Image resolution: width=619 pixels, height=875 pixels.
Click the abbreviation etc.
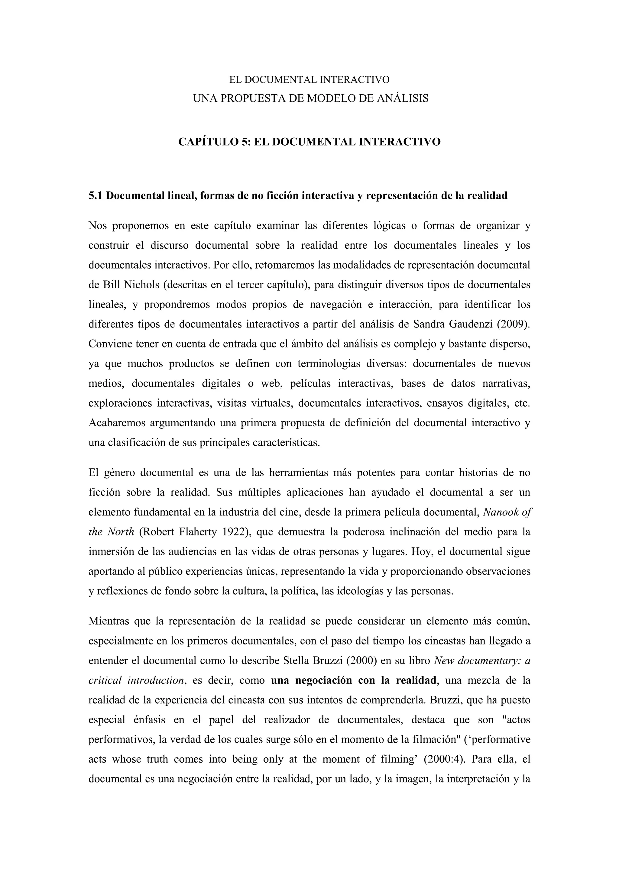tap(522, 403)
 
